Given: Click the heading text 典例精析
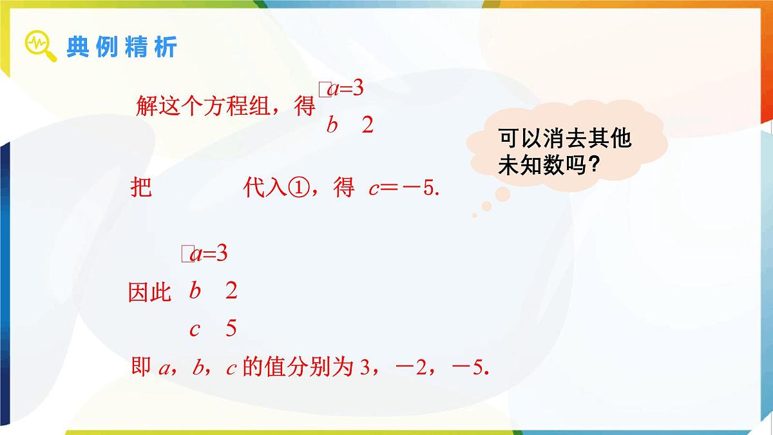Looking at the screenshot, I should tap(121, 47).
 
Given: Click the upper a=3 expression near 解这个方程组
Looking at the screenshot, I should tap(346, 89).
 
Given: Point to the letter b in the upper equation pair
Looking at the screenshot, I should tap(332, 125).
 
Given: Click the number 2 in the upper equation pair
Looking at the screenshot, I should tap(368, 125).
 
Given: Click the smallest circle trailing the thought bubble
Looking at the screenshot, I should tap(475, 215).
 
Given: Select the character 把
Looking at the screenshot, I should tap(141, 188).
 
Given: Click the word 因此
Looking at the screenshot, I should tap(150, 293).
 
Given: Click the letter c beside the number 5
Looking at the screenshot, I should tap(195, 329).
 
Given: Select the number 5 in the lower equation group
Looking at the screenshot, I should tap(231, 329).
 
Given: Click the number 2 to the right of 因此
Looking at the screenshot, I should tap(231, 291).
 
